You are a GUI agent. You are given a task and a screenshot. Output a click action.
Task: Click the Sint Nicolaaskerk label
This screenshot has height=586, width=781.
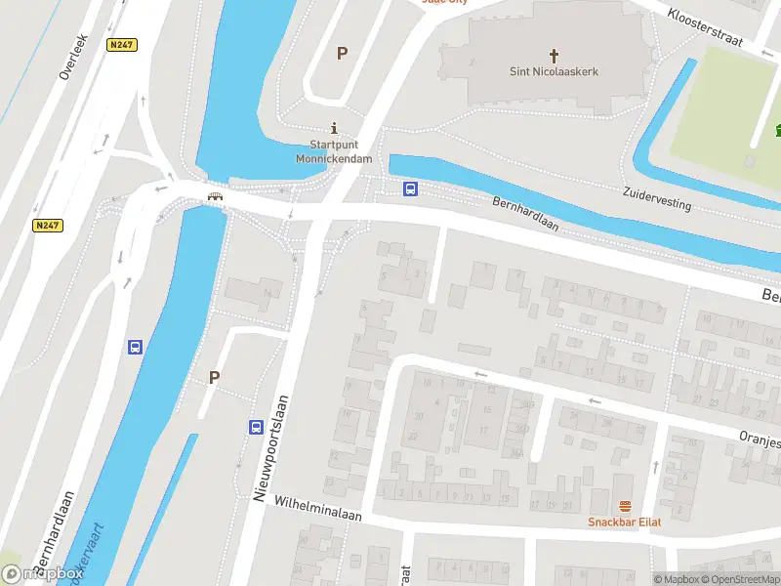(554, 71)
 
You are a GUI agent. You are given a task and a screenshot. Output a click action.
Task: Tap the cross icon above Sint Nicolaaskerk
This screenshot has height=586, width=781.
(554, 55)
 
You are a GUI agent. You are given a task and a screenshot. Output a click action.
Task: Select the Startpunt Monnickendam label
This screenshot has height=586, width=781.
(334, 151)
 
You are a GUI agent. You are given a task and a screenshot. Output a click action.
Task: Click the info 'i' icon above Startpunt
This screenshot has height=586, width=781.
(335, 128)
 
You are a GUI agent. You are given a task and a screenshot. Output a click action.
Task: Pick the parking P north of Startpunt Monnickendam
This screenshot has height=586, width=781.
(342, 54)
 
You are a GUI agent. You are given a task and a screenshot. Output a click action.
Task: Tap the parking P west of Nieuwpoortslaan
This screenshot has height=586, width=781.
(214, 377)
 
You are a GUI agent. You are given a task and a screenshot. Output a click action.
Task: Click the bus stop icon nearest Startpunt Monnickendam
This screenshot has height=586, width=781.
(412, 188)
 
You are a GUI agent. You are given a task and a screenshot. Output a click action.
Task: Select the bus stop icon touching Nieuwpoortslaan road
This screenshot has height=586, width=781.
(256, 427)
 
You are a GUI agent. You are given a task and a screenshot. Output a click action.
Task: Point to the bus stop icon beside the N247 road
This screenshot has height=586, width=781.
(135, 347)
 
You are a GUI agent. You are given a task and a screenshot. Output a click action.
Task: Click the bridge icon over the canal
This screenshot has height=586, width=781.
(215, 196)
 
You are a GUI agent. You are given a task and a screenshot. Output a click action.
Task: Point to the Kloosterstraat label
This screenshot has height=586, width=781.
(706, 27)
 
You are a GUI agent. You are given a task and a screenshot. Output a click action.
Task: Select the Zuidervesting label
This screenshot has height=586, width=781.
(657, 200)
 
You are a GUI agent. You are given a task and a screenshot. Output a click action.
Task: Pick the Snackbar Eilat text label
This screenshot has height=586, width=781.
(625, 522)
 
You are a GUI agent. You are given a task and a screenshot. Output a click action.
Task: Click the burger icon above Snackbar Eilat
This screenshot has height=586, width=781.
(625, 506)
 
